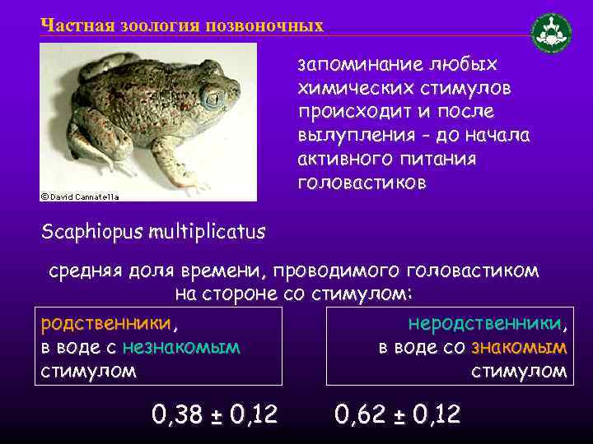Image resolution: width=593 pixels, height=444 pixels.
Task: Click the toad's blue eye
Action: [x=212, y=98]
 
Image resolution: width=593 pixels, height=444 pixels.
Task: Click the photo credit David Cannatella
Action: [x=81, y=197]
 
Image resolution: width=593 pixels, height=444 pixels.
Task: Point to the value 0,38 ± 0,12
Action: [x=214, y=414]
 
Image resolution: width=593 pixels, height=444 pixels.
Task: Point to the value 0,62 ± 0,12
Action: [x=398, y=414]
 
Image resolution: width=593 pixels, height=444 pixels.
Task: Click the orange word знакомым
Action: [x=519, y=348]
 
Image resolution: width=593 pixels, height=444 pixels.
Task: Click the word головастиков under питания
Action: [x=362, y=183]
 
